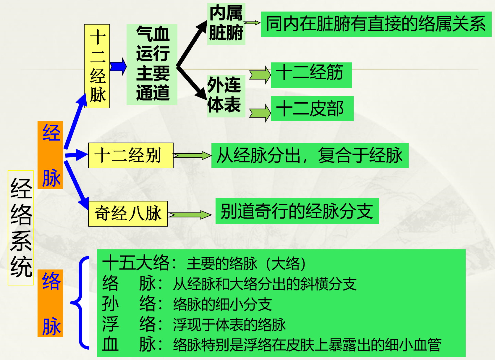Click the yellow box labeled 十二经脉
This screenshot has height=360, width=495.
97,66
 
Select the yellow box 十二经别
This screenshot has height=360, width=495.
131,155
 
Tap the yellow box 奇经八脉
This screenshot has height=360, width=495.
128,214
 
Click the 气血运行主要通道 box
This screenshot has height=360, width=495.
152,64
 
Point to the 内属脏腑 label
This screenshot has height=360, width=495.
226,24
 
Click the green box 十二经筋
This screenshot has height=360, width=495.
311,75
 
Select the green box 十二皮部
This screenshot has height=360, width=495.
312,109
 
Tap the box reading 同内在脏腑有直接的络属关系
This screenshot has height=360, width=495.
376,24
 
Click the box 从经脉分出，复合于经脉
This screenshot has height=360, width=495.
310,155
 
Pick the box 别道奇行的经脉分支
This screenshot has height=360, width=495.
297,211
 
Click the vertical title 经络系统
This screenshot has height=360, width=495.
21,228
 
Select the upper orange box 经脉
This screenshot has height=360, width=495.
50,155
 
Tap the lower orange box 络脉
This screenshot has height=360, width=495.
50,303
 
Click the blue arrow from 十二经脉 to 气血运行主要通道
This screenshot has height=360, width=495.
118,66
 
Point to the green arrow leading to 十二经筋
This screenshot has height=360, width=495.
260,75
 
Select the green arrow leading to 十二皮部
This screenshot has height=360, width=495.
260,113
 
